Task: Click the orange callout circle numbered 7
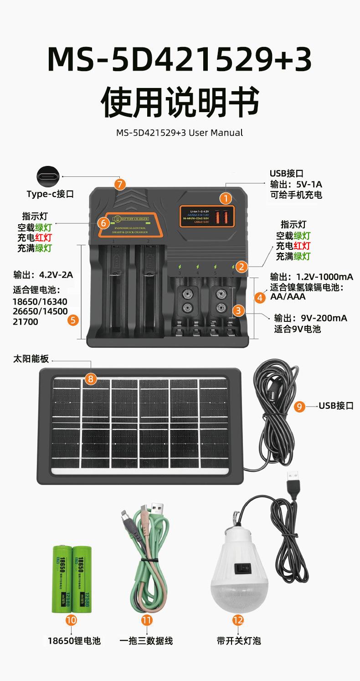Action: tap(119, 184)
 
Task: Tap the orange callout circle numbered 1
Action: tap(226, 198)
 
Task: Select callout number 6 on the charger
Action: tap(103, 223)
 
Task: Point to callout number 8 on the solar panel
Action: tap(91, 378)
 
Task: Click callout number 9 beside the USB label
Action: tap(299, 406)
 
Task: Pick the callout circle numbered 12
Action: tap(238, 619)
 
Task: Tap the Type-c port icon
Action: tap(48, 176)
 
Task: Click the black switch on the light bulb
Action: tap(239, 568)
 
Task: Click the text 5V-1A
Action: tap(309, 185)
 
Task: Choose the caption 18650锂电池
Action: tap(74, 641)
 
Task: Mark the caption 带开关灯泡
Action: tap(239, 641)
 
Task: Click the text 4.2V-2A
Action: tap(56, 275)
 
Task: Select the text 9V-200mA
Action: tap(324, 318)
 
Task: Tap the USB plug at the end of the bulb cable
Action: tap(292, 482)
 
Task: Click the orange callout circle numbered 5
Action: tap(73, 320)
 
